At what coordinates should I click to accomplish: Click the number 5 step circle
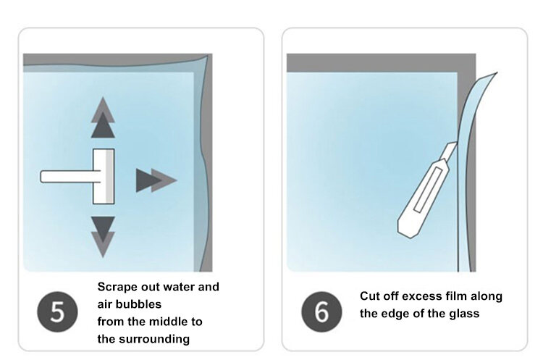(57, 311)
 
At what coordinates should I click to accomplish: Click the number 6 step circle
(321, 311)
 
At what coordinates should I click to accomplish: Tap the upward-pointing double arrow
(103, 117)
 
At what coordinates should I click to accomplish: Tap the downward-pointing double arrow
(103, 238)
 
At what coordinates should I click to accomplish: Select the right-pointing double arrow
(156, 180)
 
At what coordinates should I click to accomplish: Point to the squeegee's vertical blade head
(104, 176)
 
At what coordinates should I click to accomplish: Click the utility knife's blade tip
(456, 143)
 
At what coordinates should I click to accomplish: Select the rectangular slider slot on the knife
(428, 190)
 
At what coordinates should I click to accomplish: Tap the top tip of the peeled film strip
(497, 72)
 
